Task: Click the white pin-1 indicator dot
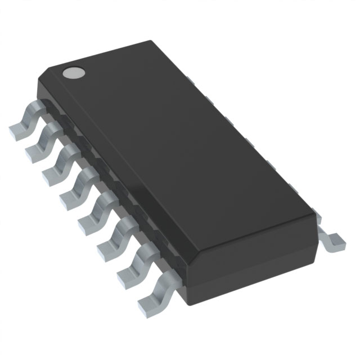(73, 72)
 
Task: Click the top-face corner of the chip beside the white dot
(48, 70)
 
